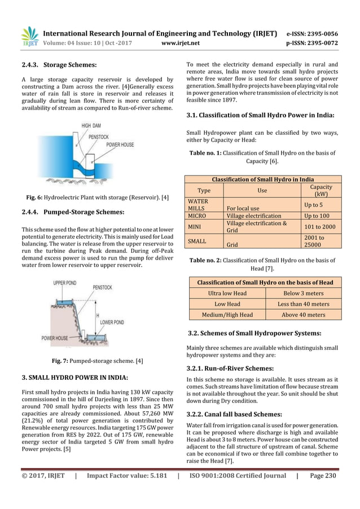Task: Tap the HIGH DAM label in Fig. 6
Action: click(93, 125)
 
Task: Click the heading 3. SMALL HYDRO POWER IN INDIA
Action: click(75, 376)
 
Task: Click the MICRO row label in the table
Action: click(197, 216)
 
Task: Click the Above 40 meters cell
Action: click(303, 314)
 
